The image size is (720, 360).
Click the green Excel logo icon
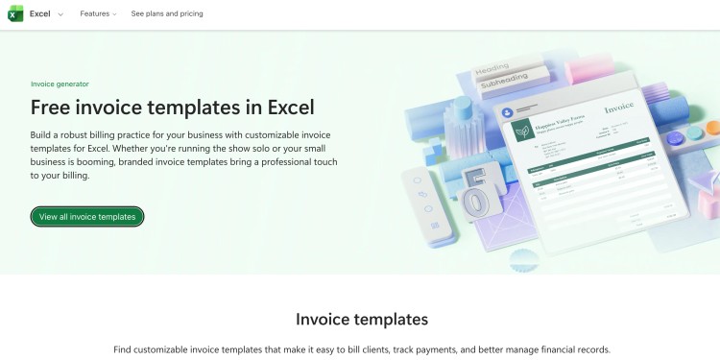click(15, 13)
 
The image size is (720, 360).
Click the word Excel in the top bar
click(40, 14)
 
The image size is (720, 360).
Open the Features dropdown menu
click(98, 14)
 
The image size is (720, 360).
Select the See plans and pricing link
click(167, 14)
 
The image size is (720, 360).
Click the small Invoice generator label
click(60, 84)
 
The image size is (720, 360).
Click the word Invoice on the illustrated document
click(618, 110)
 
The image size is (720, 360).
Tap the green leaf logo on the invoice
click(523, 131)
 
